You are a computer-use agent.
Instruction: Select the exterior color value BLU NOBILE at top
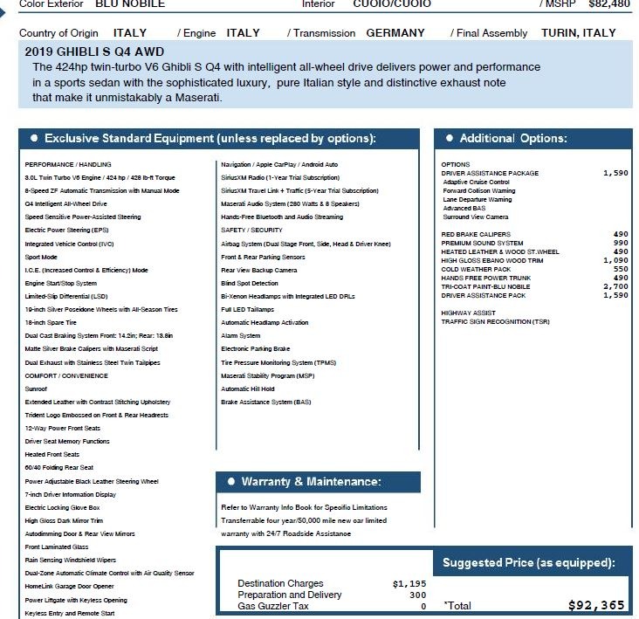coord(131,3)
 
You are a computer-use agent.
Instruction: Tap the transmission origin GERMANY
coord(395,33)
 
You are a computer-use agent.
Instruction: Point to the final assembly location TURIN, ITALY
coord(579,33)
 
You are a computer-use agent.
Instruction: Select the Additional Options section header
coord(513,139)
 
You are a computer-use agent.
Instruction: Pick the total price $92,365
coord(596,605)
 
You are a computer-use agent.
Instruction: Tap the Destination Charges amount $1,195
coord(409,583)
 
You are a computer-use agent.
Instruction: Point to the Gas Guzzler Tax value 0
coord(423,606)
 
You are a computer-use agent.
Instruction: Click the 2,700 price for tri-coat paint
coord(615,286)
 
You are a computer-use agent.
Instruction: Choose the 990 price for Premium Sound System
coord(620,243)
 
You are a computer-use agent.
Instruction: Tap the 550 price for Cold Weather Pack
coord(620,269)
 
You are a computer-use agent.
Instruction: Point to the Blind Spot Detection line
coord(250,283)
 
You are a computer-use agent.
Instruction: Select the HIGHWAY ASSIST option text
coord(468,313)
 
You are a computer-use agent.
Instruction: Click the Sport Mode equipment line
coord(41,258)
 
